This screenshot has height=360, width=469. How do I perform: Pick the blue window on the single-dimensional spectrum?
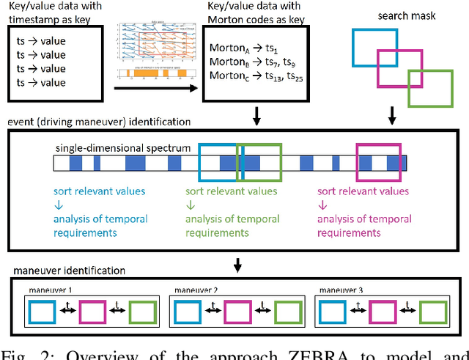pos(218,161)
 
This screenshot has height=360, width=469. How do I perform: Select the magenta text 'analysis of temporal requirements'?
pos(364,225)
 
